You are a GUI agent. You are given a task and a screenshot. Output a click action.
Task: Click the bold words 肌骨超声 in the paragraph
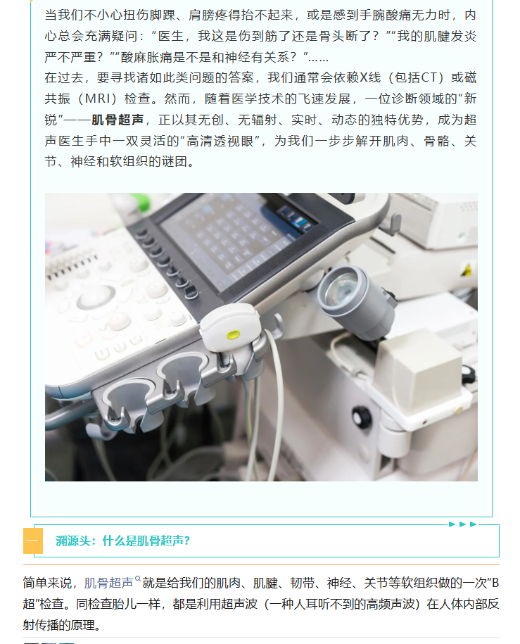118,120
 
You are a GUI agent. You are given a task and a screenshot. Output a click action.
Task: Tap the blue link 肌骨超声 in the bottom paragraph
109,583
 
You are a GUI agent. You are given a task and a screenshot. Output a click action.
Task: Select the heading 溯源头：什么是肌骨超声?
123,541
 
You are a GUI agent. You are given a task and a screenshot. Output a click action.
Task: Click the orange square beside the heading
33,541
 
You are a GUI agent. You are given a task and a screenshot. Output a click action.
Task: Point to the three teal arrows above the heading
462,524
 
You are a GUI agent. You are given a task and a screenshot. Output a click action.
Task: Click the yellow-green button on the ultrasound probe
234,335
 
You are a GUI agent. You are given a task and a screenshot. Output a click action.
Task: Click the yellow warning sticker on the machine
467,270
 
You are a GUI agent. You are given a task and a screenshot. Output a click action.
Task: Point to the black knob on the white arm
362,417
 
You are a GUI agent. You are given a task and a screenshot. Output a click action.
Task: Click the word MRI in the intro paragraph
98,99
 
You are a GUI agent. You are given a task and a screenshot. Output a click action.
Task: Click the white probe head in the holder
230,327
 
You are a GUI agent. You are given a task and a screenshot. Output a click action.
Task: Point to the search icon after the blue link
138,579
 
